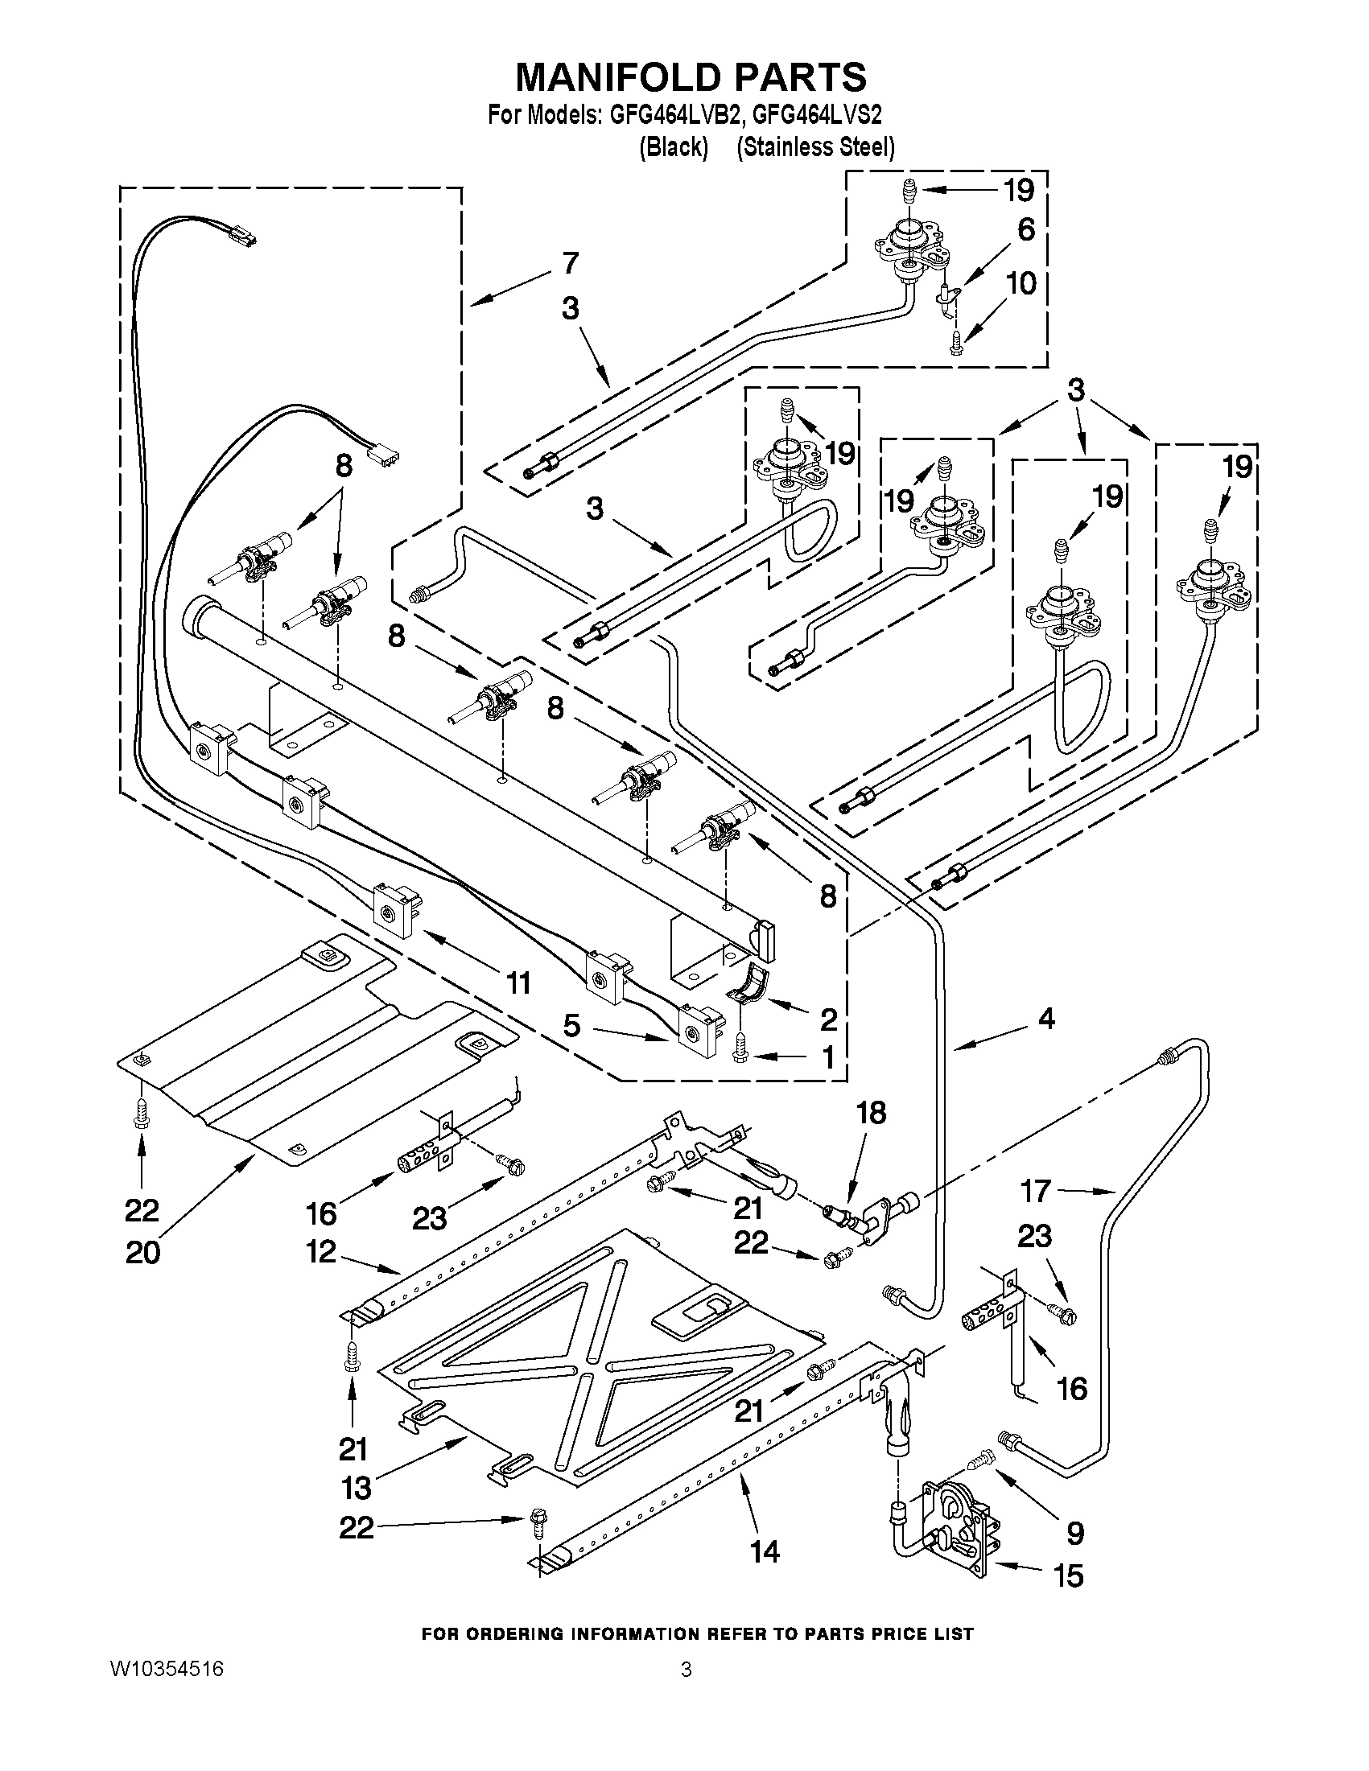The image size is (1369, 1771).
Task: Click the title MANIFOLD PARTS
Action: (x=691, y=77)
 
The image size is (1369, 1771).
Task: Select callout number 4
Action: (x=1046, y=1019)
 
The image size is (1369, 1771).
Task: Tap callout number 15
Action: (x=1068, y=1575)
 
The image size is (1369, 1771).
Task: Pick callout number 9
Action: (x=1074, y=1533)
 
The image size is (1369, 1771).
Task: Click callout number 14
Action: (x=765, y=1551)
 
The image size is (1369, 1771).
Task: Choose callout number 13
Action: (x=356, y=1488)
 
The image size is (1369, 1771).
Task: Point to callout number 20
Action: (x=142, y=1253)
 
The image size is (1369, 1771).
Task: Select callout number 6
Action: (x=1026, y=230)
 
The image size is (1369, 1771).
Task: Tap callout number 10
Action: (x=1021, y=284)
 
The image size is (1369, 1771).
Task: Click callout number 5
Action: (x=572, y=1026)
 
